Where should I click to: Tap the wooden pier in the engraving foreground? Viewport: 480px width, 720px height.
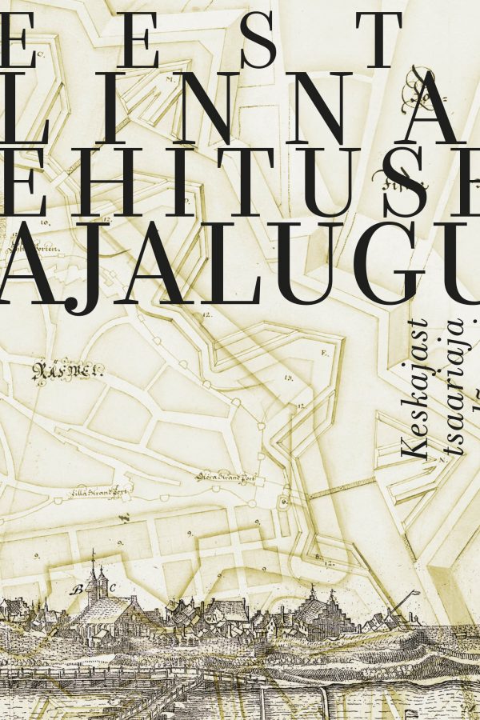168,688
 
